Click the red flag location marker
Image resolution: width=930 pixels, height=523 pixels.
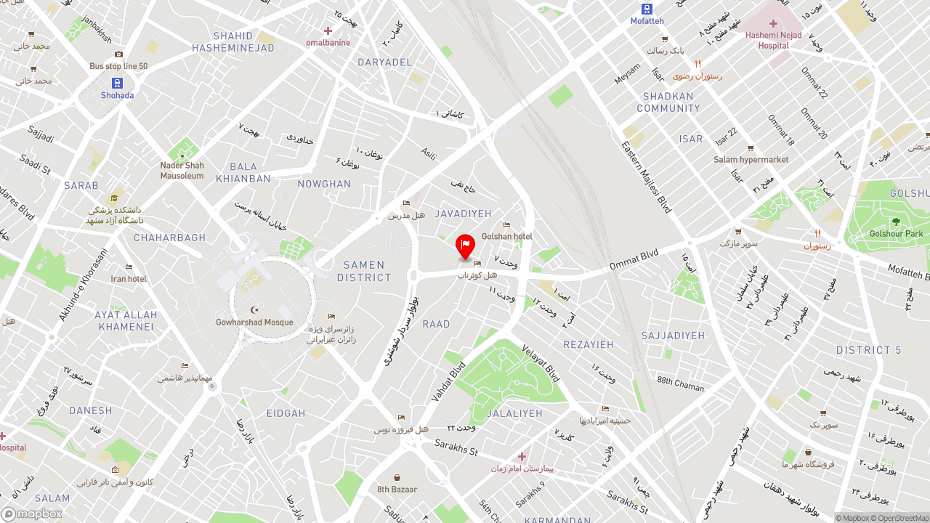coord(465,246)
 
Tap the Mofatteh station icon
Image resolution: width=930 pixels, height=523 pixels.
coord(647,9)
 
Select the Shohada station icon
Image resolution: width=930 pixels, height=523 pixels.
coord(117,83)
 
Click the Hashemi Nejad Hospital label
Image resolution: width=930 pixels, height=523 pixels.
coord(773,40)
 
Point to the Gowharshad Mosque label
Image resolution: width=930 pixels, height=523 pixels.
coord(254,323)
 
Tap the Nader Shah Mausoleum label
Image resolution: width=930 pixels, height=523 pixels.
coord(182,171)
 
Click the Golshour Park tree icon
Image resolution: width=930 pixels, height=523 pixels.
coord(895,222)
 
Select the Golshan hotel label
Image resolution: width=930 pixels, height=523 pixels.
coord(507,237)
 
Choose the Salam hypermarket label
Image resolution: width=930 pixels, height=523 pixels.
coord(751,160)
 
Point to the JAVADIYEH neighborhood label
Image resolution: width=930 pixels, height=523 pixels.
coord(464,214)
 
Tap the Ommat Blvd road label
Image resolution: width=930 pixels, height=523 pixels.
coord(634,259)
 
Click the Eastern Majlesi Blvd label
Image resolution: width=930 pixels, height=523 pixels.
coord(647,177)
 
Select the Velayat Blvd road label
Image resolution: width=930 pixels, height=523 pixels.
coord(541,363)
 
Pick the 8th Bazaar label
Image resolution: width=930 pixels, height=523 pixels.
coord(397,490)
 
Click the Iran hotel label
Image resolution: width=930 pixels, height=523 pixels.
coord(129,279)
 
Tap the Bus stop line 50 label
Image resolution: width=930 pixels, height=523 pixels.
coord(118,66)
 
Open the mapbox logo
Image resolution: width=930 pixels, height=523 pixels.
coord(32,514)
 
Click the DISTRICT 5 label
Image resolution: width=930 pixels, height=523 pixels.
coord(868,350)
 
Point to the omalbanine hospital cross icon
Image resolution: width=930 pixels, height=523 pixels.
coord(328,31)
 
